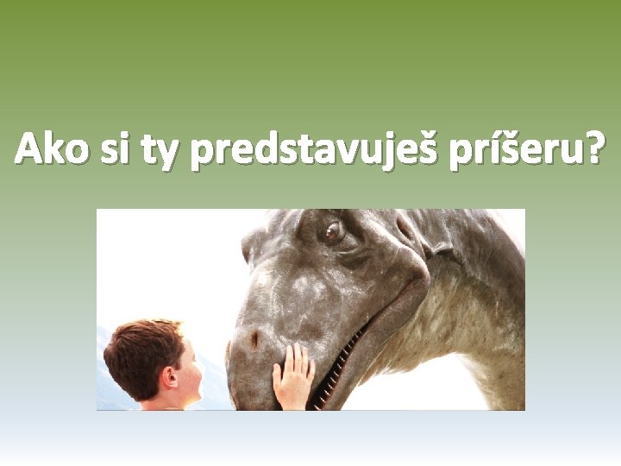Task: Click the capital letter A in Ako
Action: click(28, 149)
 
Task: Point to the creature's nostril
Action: click(254, 340)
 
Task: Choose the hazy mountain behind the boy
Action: click(108, 380)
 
